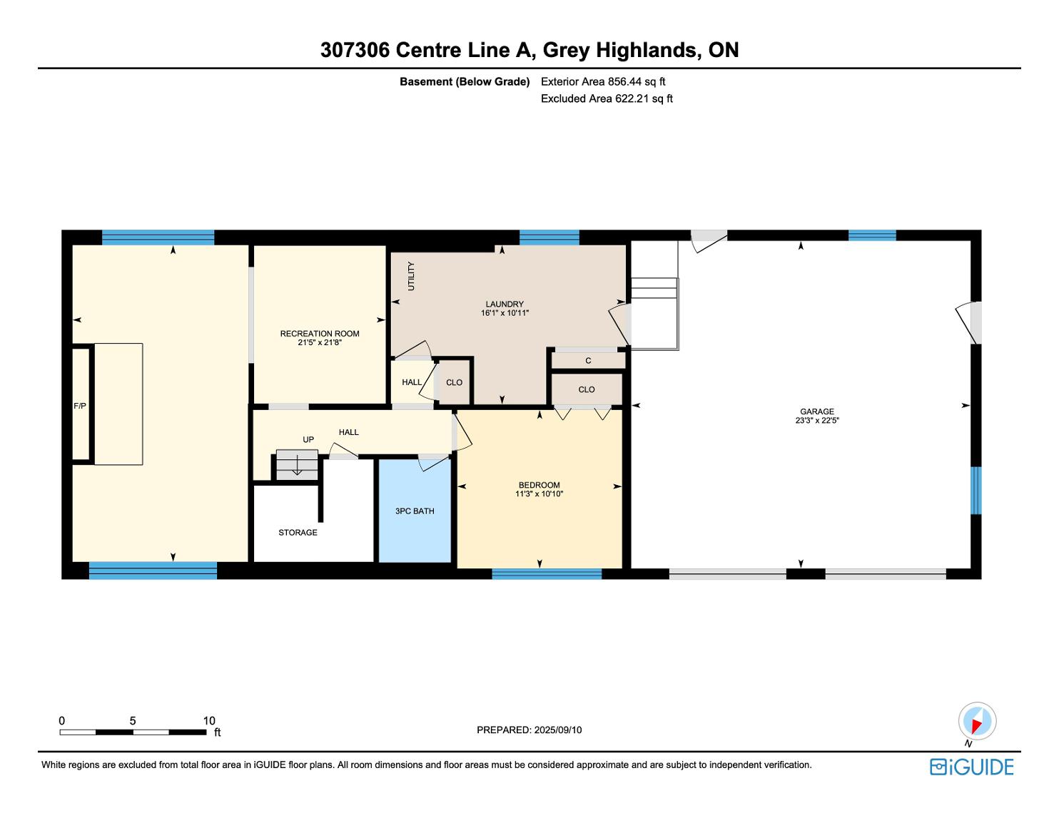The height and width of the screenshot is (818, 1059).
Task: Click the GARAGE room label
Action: pos(817,411)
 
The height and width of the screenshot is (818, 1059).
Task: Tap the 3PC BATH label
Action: pos(415,511)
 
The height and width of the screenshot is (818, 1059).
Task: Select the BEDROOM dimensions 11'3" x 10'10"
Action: pos(539,494)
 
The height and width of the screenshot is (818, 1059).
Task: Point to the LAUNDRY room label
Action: pos(505,304)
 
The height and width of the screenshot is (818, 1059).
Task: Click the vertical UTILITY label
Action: pos(411,276)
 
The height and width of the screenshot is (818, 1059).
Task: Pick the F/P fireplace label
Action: pos(80,406)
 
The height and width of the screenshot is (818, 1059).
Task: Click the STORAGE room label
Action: pos(298,532)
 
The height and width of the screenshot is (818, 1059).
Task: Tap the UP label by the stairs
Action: pos(308,439)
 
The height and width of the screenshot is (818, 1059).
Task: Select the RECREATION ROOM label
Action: pos(320,334)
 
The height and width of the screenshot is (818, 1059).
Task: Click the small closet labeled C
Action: pos(588,361)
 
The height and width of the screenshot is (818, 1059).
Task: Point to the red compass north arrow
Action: pos(977,725)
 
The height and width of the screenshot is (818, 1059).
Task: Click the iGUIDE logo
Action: pos(972,767)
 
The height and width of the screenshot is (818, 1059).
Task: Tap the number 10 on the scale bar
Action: pos(209,720)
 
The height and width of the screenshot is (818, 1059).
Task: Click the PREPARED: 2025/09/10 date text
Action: pos(529,730)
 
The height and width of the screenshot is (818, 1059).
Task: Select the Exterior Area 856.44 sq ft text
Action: pos(603,82)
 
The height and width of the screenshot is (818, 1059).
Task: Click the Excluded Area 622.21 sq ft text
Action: pos(607,99)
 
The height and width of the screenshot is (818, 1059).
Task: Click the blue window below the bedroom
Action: pos(547,573)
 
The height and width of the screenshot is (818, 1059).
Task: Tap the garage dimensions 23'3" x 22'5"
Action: pos(817,420)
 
